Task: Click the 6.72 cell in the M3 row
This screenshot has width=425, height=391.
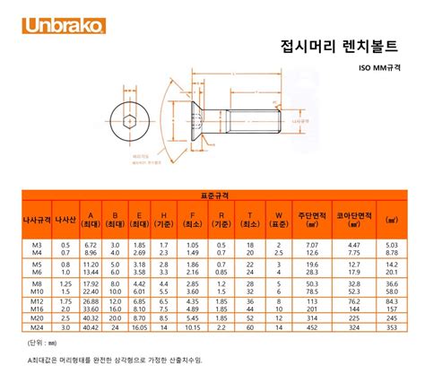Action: click(x=91, y=244)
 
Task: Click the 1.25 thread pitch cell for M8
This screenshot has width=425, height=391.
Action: click(x=65, y=283)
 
